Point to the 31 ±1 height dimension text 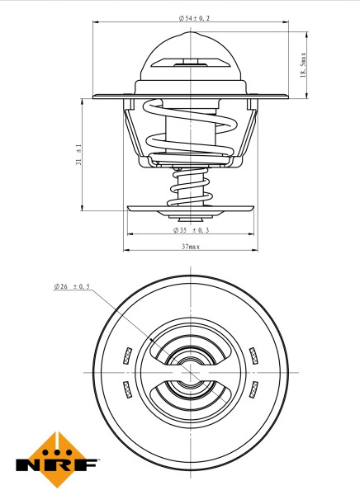coord(78,154)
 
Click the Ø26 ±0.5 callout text coord(72,286)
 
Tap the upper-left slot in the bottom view coord(126,356)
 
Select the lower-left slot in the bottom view coord(126,388)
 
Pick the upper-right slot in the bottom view coord(253,356)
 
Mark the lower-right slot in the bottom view coord(253,388)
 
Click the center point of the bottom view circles coord(190,372)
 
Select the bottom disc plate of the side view coord(190,210)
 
